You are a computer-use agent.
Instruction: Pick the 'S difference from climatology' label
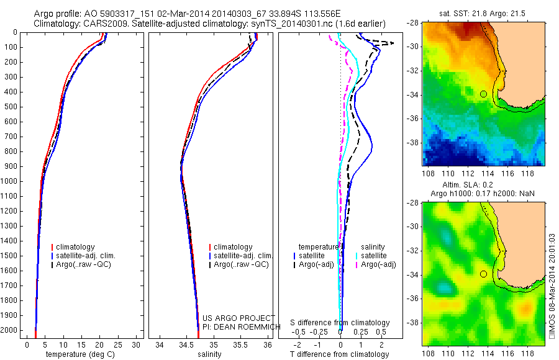[340, 323]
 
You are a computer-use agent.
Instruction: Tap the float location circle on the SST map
[483, 94]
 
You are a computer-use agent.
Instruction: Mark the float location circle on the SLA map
[483, 274]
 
